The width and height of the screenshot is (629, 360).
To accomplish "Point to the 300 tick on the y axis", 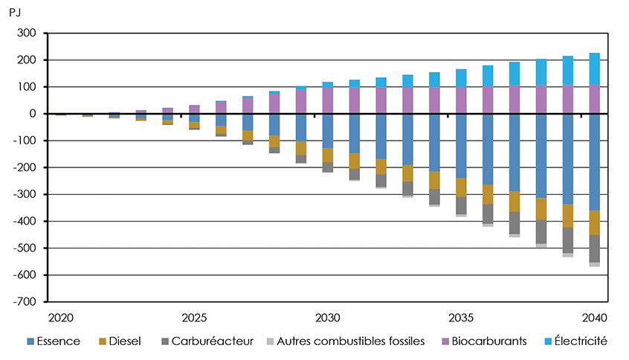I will (x=28, y=33).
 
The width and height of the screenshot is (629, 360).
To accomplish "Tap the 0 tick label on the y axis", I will (x=33, y=114).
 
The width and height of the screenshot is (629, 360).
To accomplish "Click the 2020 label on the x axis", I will (x=60, y=317).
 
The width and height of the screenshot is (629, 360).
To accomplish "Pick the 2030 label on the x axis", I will (x=327, y=317).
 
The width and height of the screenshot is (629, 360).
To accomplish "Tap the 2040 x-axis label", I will (x=594, y=317).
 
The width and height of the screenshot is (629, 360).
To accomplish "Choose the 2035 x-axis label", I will (x=461, y=317).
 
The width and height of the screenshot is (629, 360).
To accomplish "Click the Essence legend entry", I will (x=51, y=341).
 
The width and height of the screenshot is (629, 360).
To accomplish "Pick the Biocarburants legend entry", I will (x=488, y=341).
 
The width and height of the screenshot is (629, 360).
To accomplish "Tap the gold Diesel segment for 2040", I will (x=594, y=222).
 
